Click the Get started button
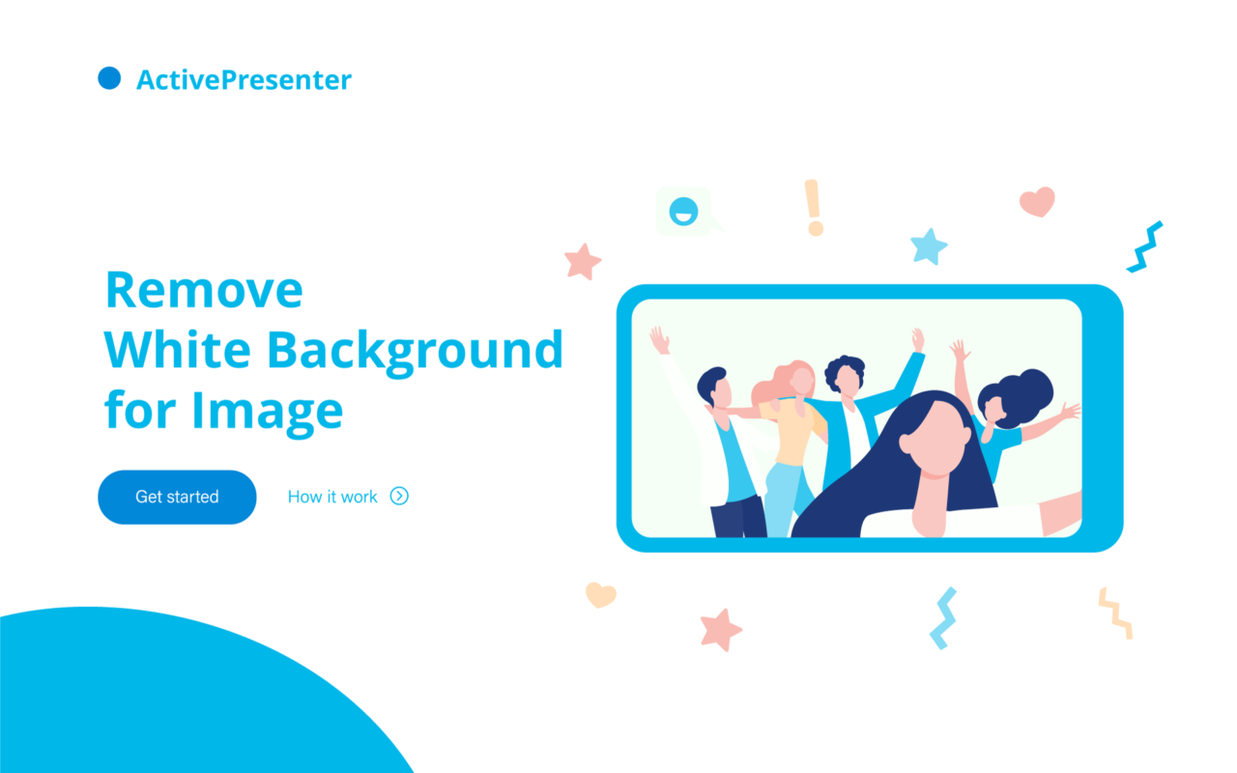click(177, 497)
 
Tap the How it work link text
click(332, 497)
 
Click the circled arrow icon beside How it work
click(399, 497)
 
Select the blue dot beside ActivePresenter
click(109, 78)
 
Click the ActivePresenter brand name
click(244, 80)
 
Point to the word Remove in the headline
click(204, 290)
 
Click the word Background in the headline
click(416, 351)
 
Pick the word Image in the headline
click(268, 412)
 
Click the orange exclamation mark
click(814, 208)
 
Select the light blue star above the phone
click(929, 246)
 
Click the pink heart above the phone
click(1037, 202)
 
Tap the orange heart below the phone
click(600, 594)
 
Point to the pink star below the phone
click(720, 629)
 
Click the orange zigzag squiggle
click(1115, 614)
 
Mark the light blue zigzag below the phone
click(943, 617)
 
